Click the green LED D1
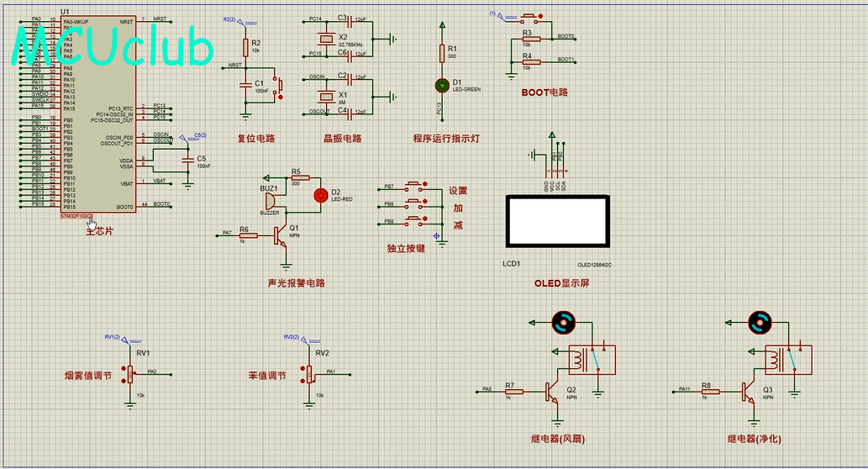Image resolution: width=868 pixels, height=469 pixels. click(442, 85)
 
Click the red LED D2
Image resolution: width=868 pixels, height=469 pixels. click(320, 195)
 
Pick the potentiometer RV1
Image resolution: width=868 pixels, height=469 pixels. click(130, 373)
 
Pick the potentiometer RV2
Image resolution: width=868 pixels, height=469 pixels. click(308, 373)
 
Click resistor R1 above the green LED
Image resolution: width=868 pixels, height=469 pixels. click(442, 53)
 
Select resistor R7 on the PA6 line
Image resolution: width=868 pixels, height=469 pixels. click(513, 391)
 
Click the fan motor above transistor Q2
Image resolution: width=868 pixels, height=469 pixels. click(563, 321)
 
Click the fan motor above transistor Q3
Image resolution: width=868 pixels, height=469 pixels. click(760, 321)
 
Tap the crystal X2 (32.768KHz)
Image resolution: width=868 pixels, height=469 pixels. click(327, 39)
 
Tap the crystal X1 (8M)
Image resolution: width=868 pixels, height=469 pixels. click(327, 94)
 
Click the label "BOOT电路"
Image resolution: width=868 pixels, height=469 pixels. click(544, 92)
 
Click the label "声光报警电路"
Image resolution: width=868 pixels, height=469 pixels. click(296, 283)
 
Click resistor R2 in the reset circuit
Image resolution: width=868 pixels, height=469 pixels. click(245, 46)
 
